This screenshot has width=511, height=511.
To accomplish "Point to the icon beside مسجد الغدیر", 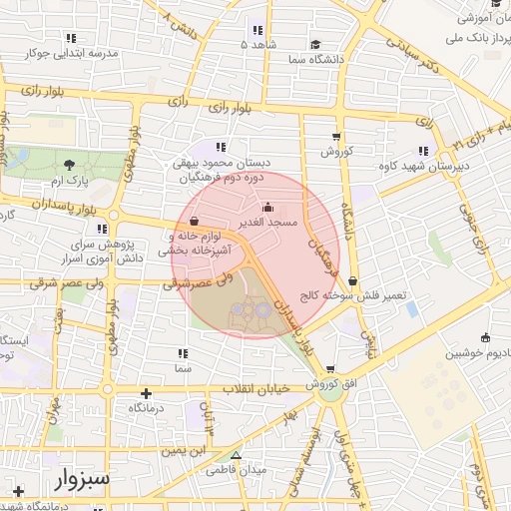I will (x=263, y=206).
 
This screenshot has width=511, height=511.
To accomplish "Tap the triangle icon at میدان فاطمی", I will (x=236, y=452).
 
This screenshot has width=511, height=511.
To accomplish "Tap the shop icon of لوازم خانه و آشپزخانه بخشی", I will (x=193, y=222).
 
